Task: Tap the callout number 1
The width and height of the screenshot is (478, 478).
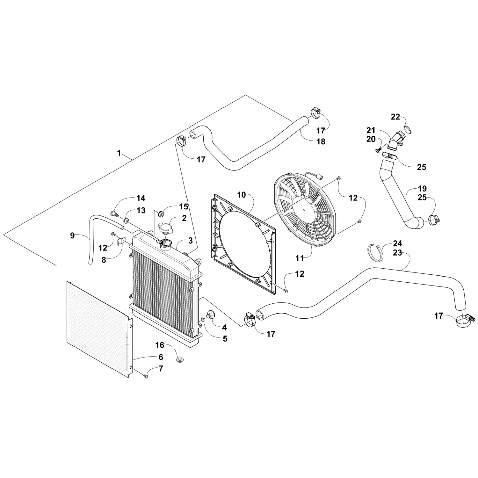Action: (x=119, y=153)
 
